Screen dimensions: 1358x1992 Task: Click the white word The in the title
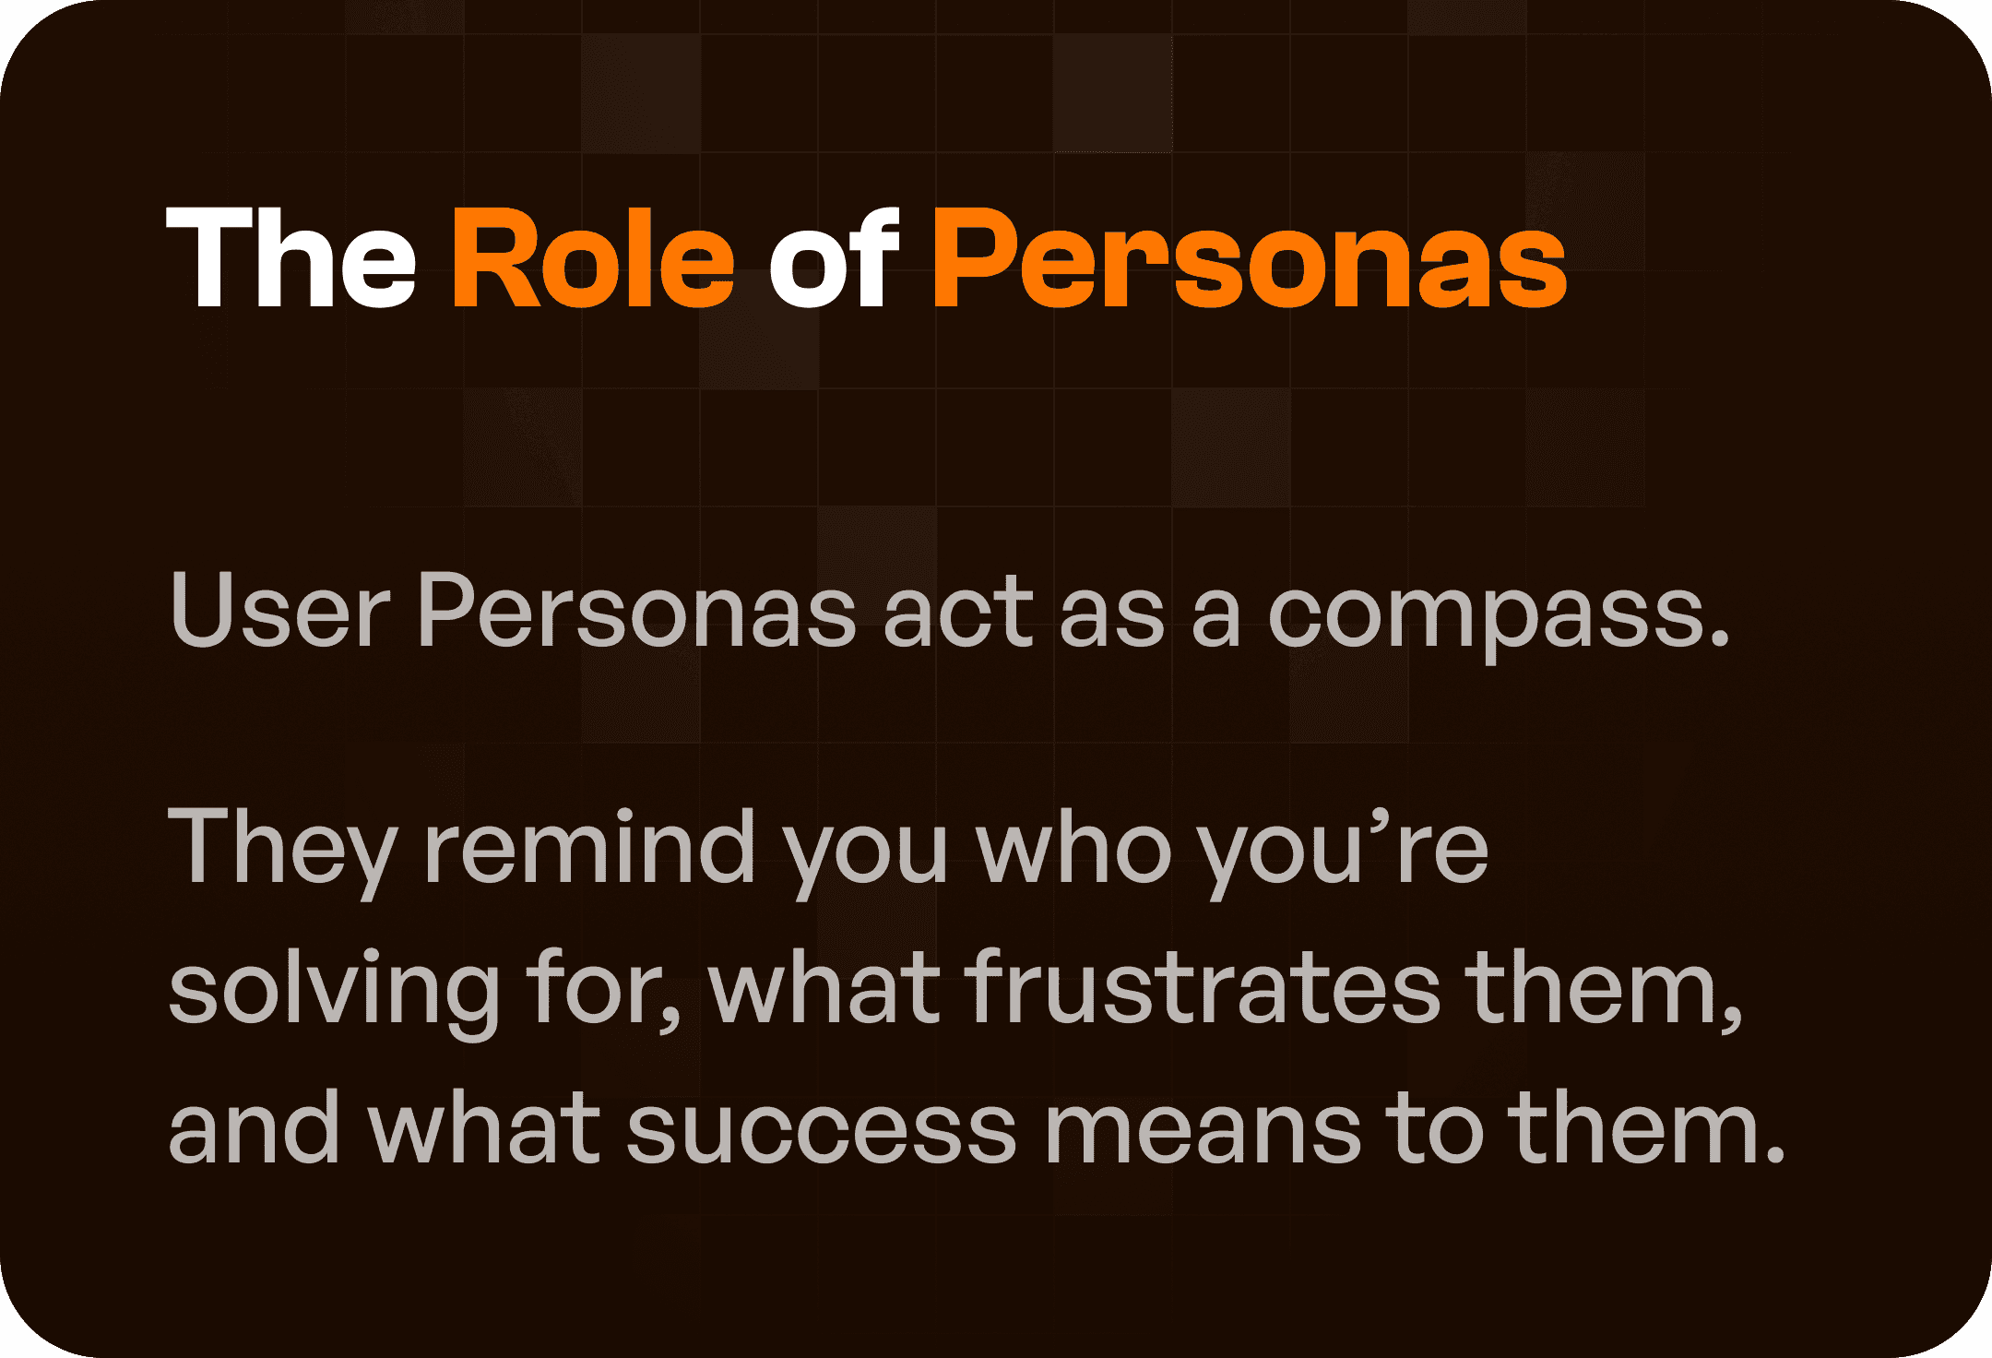291,257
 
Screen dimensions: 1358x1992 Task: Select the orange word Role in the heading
592,257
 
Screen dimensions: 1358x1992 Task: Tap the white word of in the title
834,257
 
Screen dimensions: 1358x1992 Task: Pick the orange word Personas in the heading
1249,257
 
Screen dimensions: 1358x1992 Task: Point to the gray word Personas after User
636,611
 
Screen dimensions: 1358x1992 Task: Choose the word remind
589,846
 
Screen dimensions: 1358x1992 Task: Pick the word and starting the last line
255,1127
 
